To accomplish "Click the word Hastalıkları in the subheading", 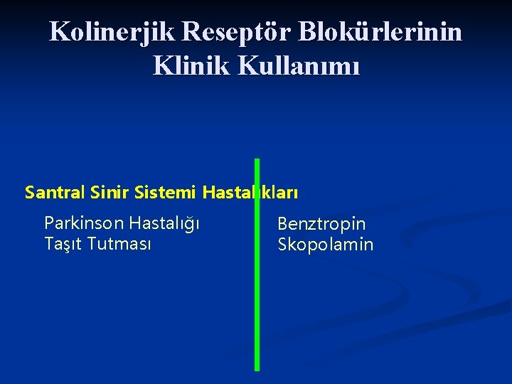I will pyautogui.click(x=250, y=192).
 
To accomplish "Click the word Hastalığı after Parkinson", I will pyautogui.click(x=164, y=224).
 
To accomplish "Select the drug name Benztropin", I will pyautogui.click(x=321, y=224).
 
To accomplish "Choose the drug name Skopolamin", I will pyautogui.click(x=325, y=245).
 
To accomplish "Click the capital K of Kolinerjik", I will pyautogui.click(x=59, y=31).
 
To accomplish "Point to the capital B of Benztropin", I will pyautogui.click(x=282, y=224).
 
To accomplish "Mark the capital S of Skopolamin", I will pyautogui.click(x=282, y=245).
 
